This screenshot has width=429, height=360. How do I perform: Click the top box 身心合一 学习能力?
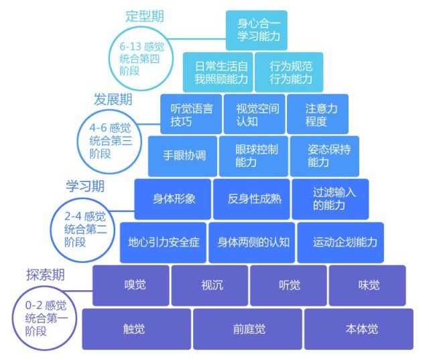pyautogui.click(x=256, y=30)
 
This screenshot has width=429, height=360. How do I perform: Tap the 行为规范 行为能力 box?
pyautogui.click(x=289, y=72)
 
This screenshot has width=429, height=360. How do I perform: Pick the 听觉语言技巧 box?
pyautogui.click(x=191, y=114)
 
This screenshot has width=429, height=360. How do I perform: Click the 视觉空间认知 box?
pyautogui.click(x=257, y=114)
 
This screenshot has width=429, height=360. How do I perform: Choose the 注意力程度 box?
pyautogui.click(x=317, y=114)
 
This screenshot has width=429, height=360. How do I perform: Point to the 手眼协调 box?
pyautogui.click(x=184, y=156)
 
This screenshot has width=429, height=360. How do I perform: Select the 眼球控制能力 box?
pyautogui.click(x=256, y=156)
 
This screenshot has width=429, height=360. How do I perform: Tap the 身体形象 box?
pyautogui.click(x=174, y=198)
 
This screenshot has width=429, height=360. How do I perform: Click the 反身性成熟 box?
pyautogui.click(x=251, y=198)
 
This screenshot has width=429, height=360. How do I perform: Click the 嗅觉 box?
pyautogui.click(x=130, y=284)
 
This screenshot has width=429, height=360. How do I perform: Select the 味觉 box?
pyautogui.click(x=367, y=284)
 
